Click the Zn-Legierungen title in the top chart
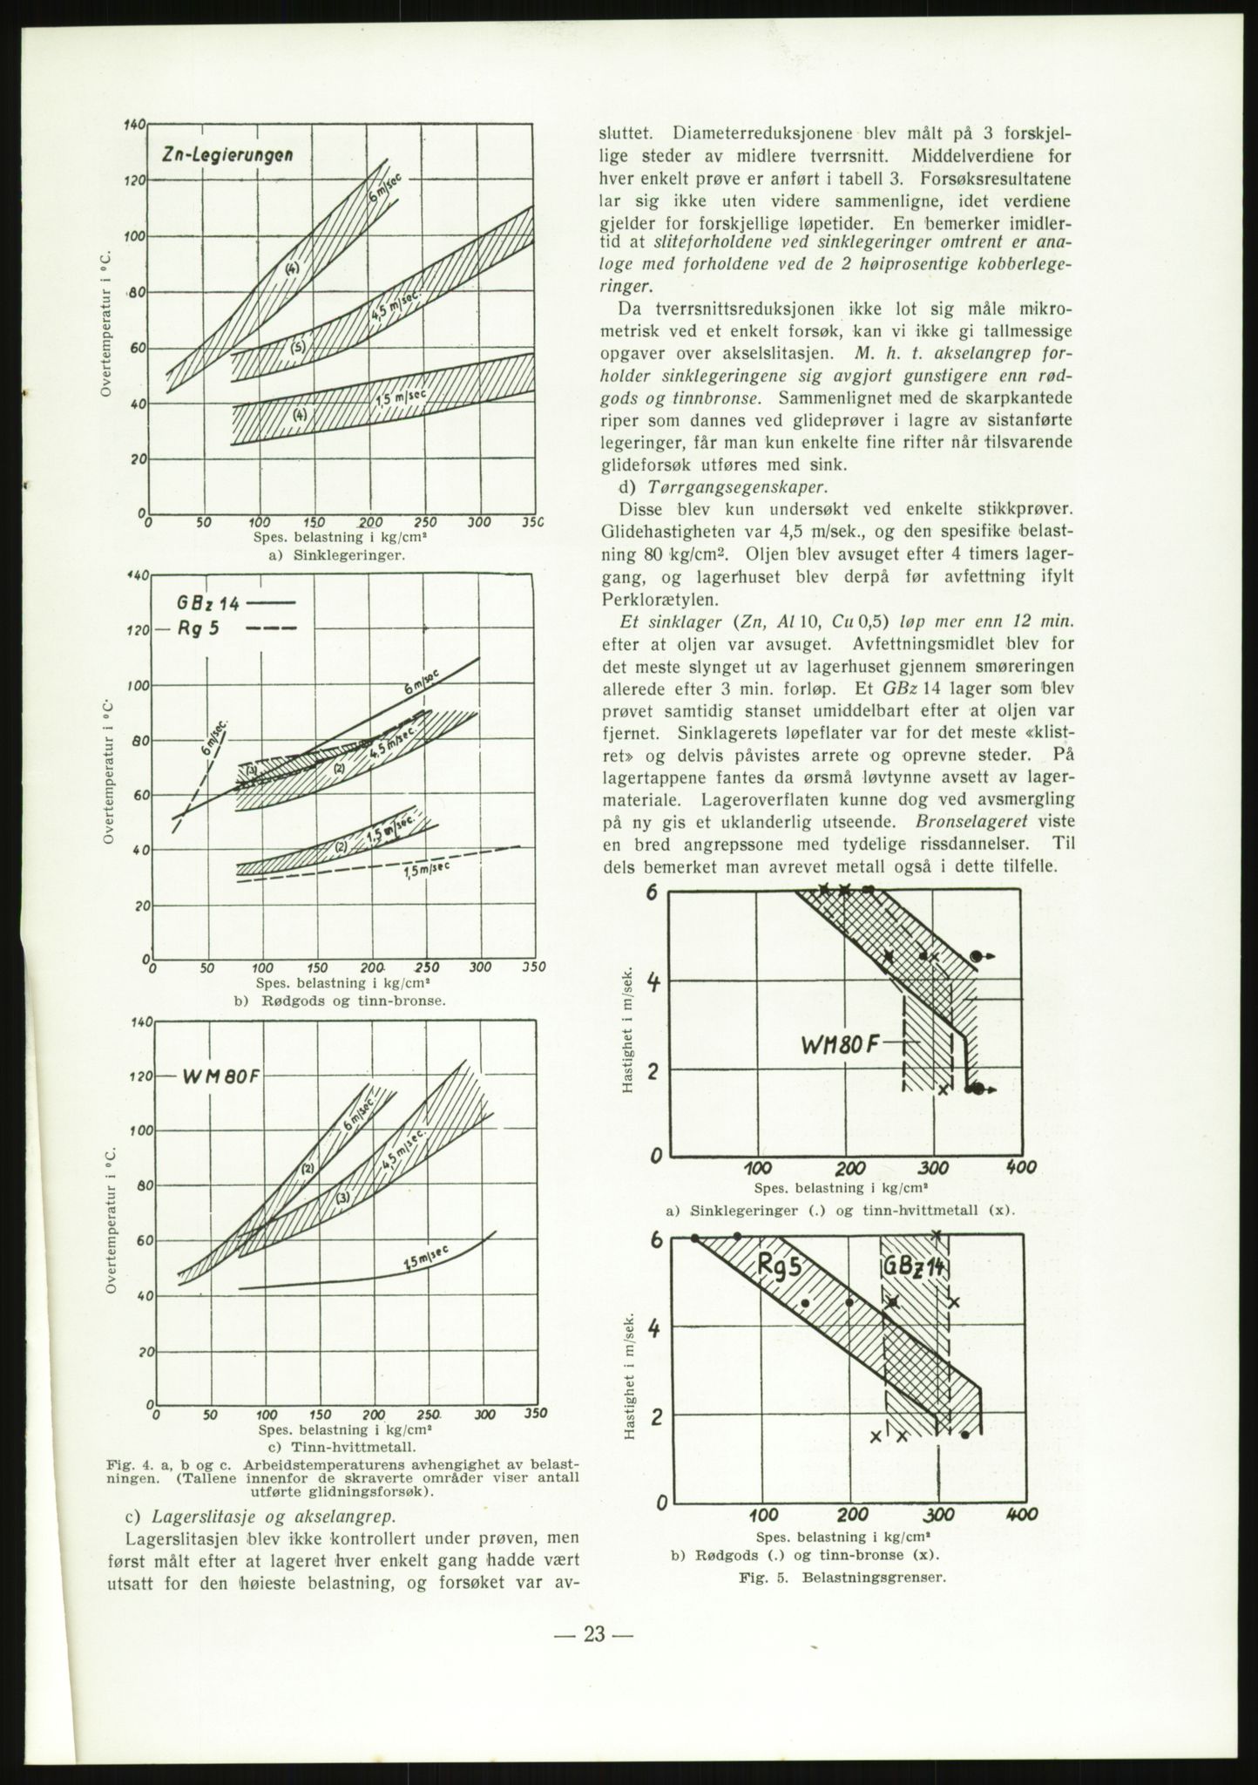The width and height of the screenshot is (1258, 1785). [x=227, y=155]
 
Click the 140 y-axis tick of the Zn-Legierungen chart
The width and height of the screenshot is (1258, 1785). [x=134, y=126]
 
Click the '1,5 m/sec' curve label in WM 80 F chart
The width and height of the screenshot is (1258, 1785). [x=425, y=1260]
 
